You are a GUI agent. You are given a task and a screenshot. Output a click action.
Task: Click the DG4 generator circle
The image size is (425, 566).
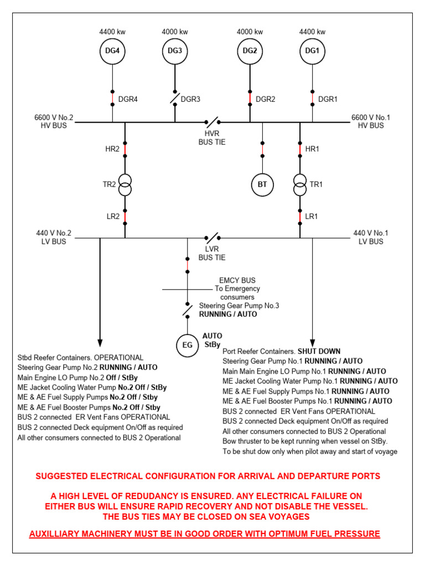pyautogui.click(x=112, y=52)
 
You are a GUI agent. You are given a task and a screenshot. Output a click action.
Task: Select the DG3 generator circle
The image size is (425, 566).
pyautogui.click(x=175, y=52)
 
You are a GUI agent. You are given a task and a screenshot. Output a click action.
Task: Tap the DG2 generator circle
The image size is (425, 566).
pyautogui.click(x=250, y=52)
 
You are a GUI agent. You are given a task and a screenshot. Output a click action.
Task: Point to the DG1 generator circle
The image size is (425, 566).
pyautogui.click(x=312, y=52)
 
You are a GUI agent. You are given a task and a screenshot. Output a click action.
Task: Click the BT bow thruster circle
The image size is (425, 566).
pyautogui.click(x=262, y=185)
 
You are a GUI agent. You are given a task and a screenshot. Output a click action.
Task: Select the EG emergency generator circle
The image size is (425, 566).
pyautogui.click(x=187, y=347)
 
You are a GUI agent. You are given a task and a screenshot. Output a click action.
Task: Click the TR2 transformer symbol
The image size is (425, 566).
pyautogui.click(x=125, y=185)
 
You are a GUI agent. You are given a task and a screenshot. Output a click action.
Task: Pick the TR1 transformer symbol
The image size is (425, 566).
pyautogui.click(x=300, y=185)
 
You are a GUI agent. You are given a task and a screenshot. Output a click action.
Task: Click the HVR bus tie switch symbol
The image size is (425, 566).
pyautogui.click(x=212, y=122)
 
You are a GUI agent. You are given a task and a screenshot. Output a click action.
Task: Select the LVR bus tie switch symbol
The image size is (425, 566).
pyautogui.click(x=212, y=238)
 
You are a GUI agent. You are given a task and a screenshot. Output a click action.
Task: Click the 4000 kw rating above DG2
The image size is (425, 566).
pyautogui.click(x=250, y=32)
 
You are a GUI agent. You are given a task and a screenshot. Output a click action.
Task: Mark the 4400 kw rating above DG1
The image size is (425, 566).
pyautogui.click(x=312, y=32)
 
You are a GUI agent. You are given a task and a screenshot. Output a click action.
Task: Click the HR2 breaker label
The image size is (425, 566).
pyautogui.click(x=112, y=149)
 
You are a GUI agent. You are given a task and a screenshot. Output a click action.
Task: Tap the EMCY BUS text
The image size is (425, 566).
pyautogui.click(x=237, y=280)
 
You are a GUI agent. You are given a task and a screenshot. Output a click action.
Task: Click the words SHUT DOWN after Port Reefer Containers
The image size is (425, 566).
pyautogui.click(x=319, y=351)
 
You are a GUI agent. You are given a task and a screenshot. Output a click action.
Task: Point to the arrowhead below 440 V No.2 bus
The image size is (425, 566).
pyautogui.click(x=100, y=341)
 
